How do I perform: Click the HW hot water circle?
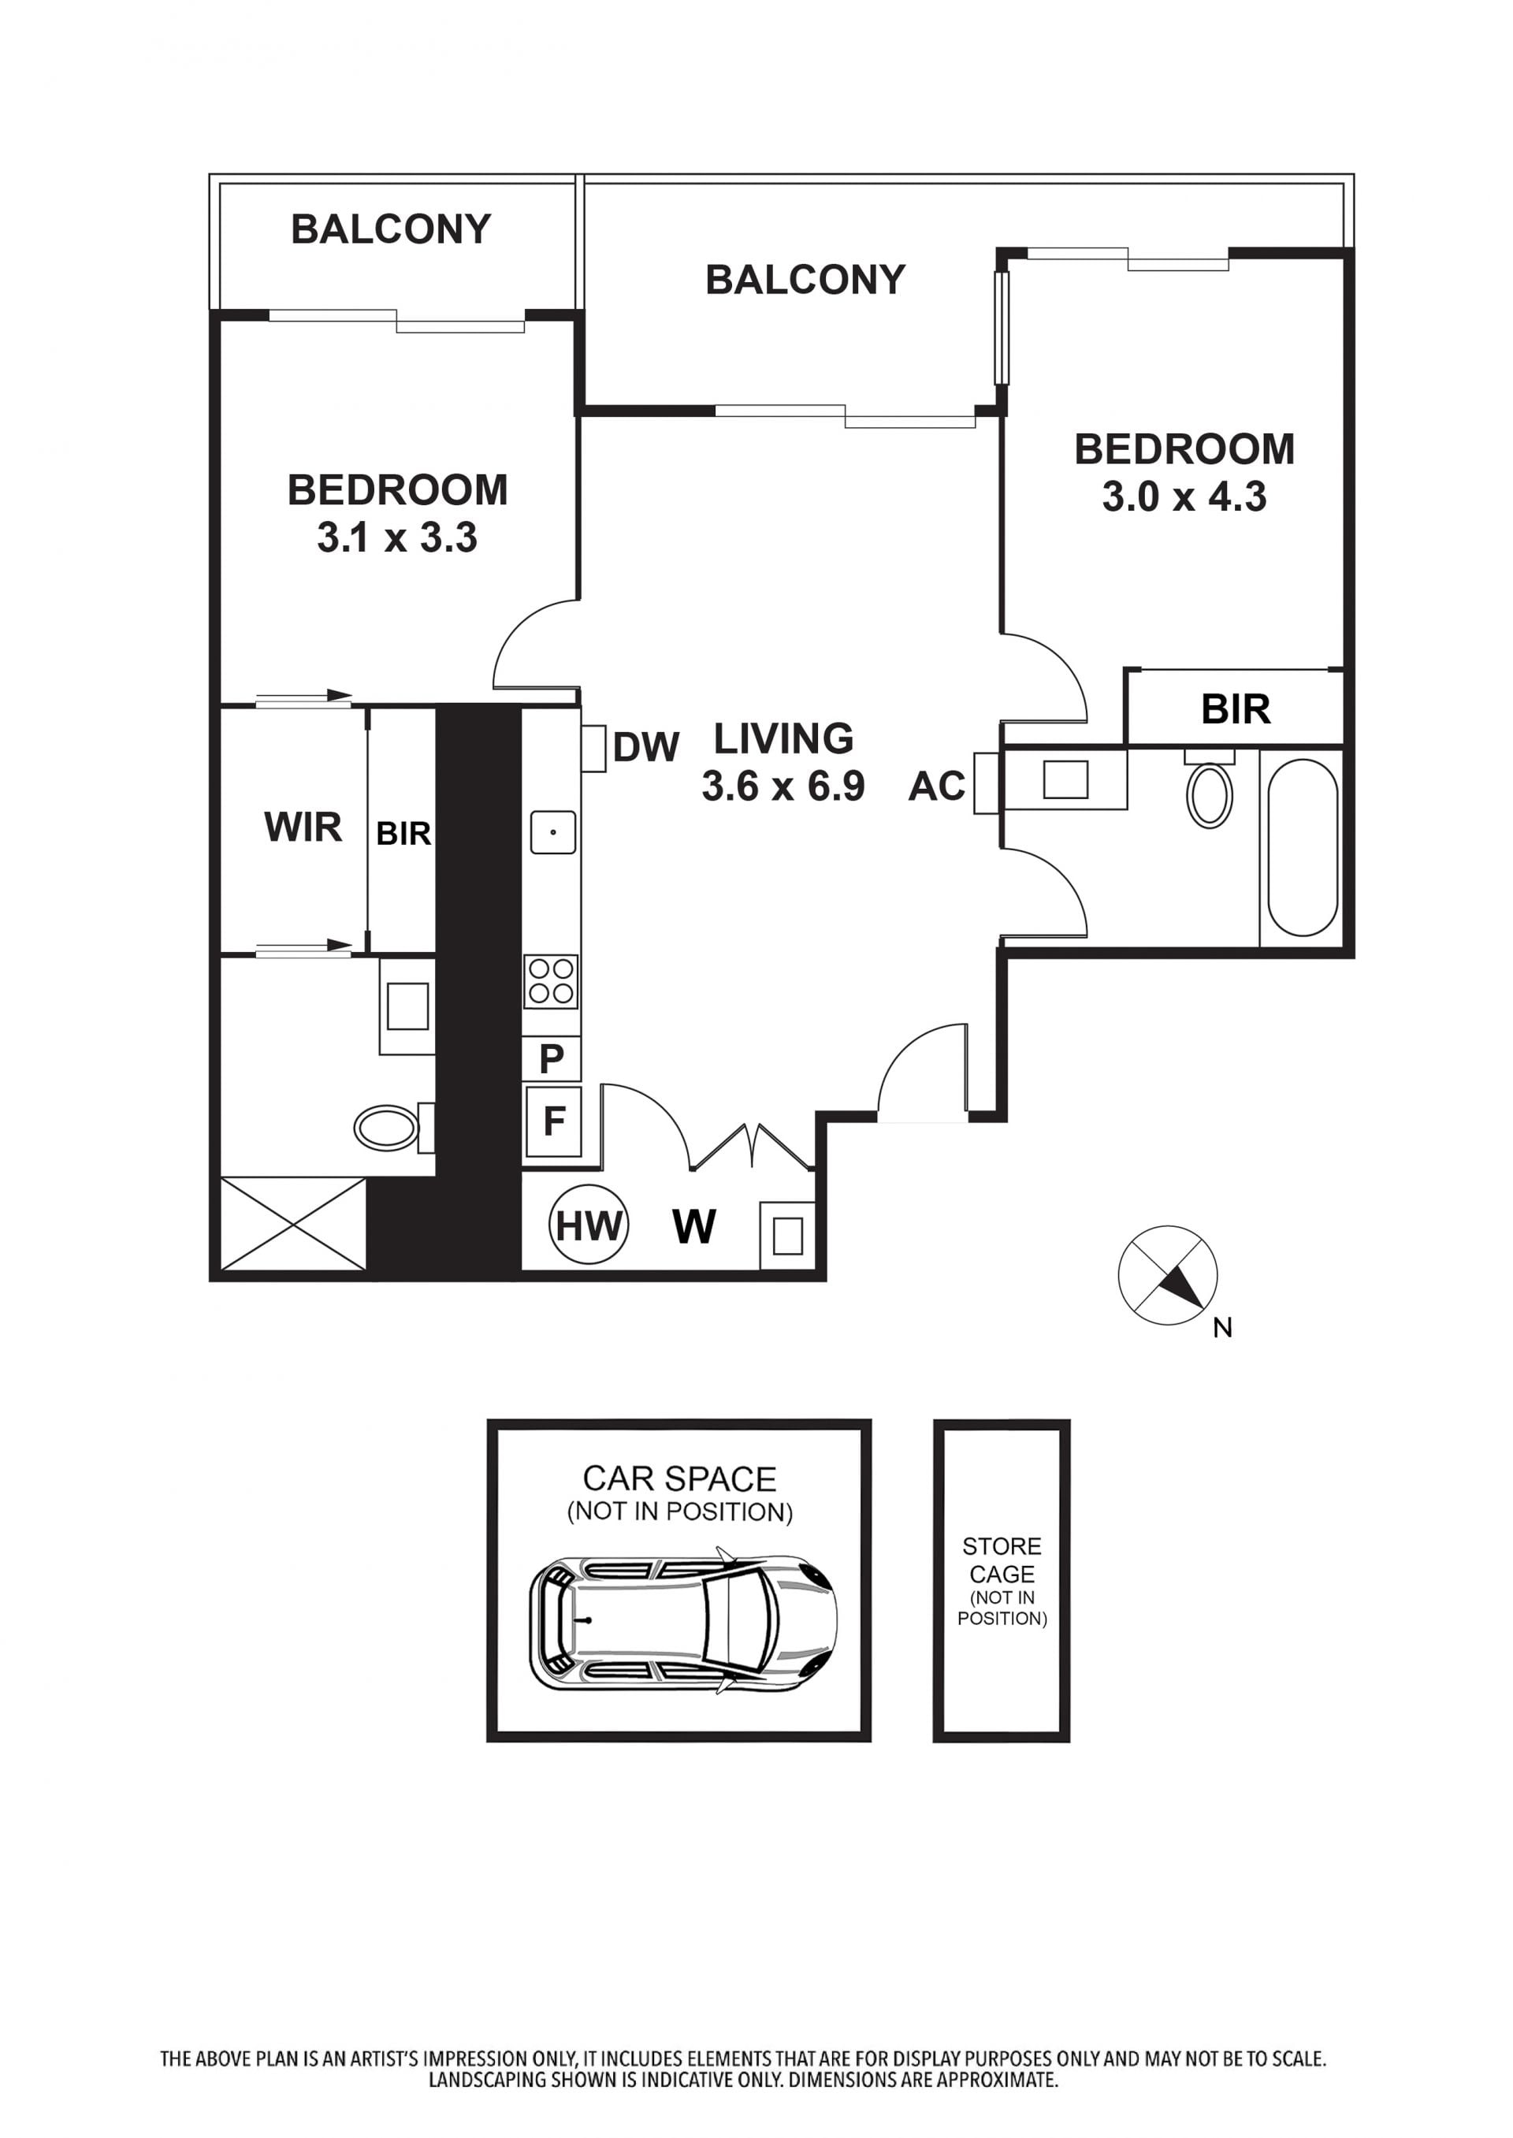pos(589,1226)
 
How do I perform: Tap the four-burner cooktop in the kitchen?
pos(552,982)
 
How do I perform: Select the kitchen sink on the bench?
pos(552,832)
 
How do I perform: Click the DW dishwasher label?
pos(646,747)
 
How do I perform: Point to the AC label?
pos(937,787)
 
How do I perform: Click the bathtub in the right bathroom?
pos(1302,848)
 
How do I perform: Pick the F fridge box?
pos(553,1121)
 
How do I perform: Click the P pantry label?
pos(552,1059)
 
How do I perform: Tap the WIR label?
pos(303,827)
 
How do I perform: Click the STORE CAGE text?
pos(1002,1560)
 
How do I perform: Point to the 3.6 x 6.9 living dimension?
pos(783,787)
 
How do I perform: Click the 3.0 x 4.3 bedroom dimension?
pos(1184,496)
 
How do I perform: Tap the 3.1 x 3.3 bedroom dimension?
pos(397,537)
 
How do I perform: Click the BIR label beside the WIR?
pos(403,834)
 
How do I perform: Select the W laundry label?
pos(694,1227)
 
